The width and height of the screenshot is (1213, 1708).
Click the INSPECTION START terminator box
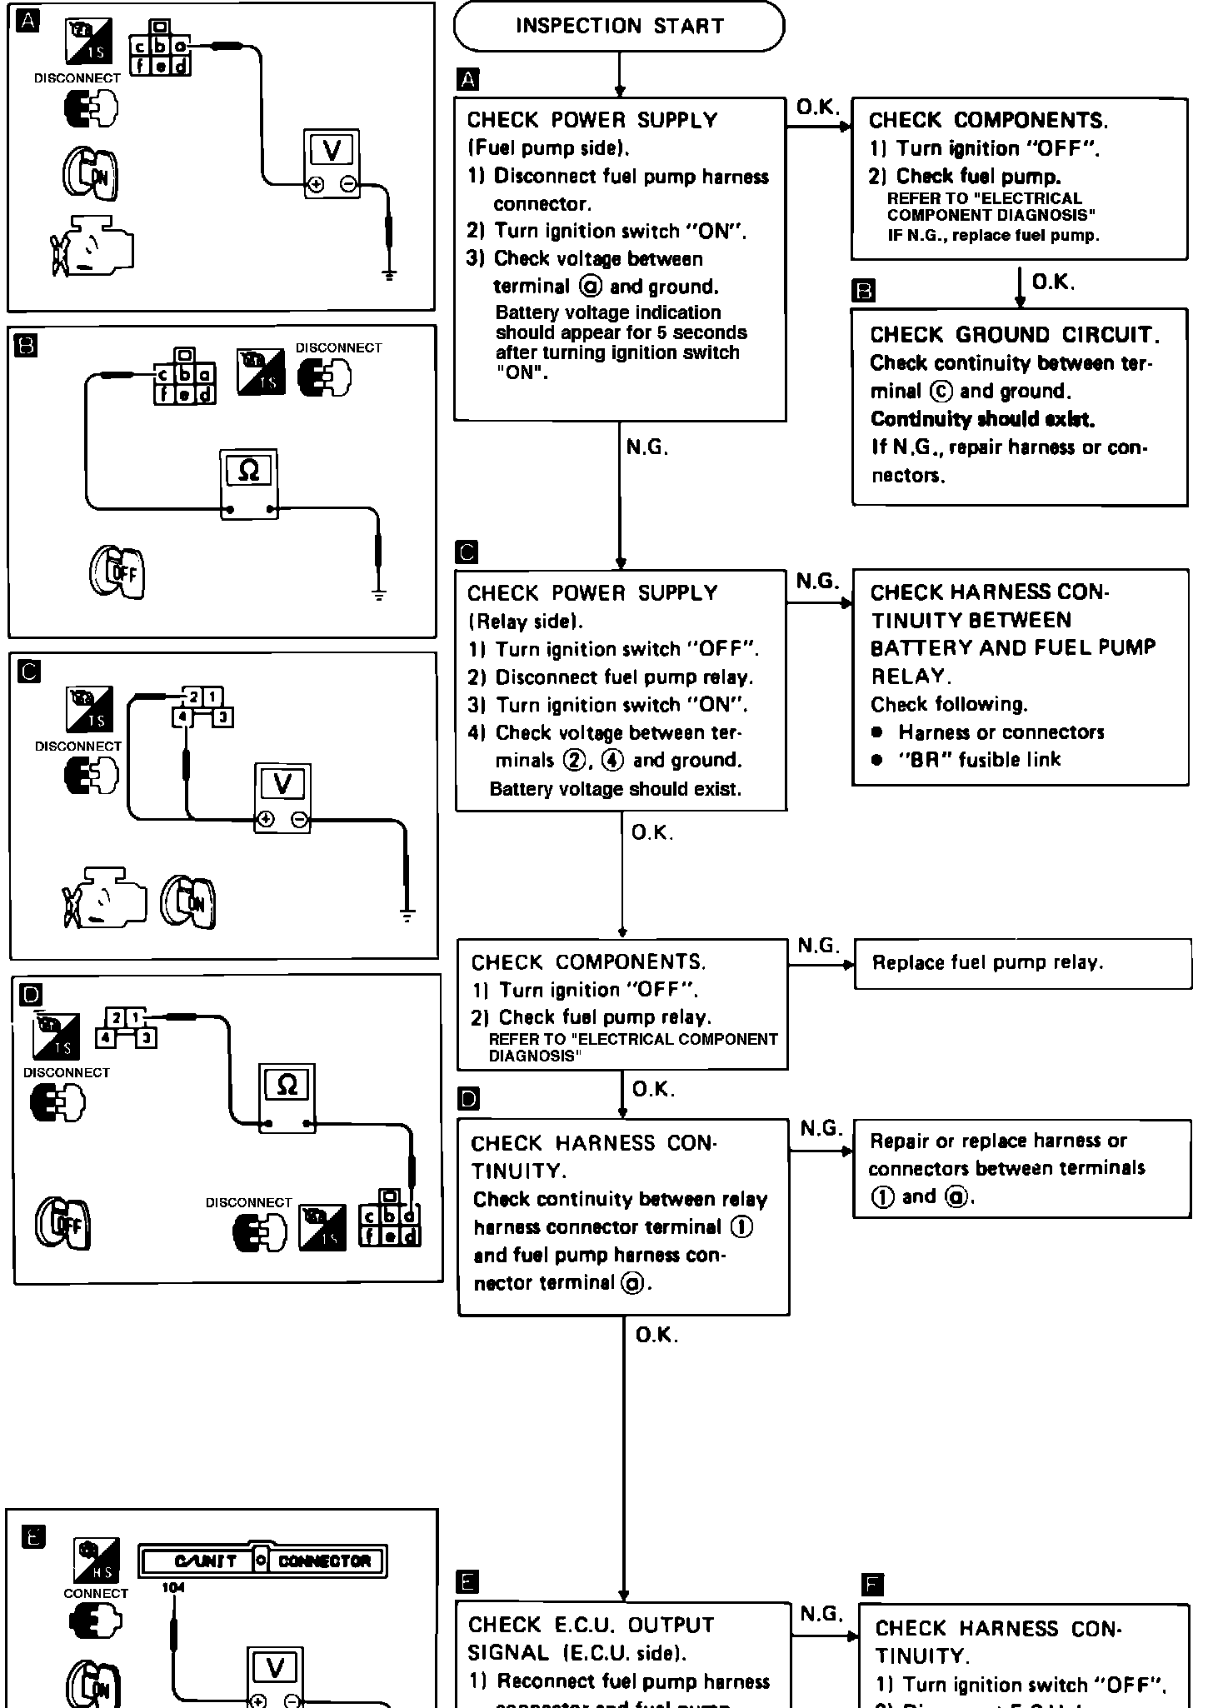(619, 27)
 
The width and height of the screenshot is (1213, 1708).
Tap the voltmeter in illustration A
(332, 163)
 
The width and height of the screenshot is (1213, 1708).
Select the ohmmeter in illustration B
(249, 484)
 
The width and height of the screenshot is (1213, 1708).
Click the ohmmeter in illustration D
(287, 1097)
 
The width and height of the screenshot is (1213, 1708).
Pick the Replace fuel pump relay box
(1022, 964)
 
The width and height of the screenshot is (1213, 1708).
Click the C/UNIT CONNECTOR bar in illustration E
(262, 1561)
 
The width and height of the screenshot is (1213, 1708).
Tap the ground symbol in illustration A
(388, 274)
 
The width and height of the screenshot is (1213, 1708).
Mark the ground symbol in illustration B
(379, 594)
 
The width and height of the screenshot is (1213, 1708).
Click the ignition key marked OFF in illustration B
(117, 572)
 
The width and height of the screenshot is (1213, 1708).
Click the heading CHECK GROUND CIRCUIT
(1015, 335)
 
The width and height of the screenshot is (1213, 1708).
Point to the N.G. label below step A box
(647, 448)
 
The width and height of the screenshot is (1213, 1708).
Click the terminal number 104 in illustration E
(173, 1588)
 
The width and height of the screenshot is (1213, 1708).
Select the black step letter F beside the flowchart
(872, 1584)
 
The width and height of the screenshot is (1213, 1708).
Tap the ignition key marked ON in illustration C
(189, 901)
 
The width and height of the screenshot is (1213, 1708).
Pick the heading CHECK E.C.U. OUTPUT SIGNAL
(591, 1638)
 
